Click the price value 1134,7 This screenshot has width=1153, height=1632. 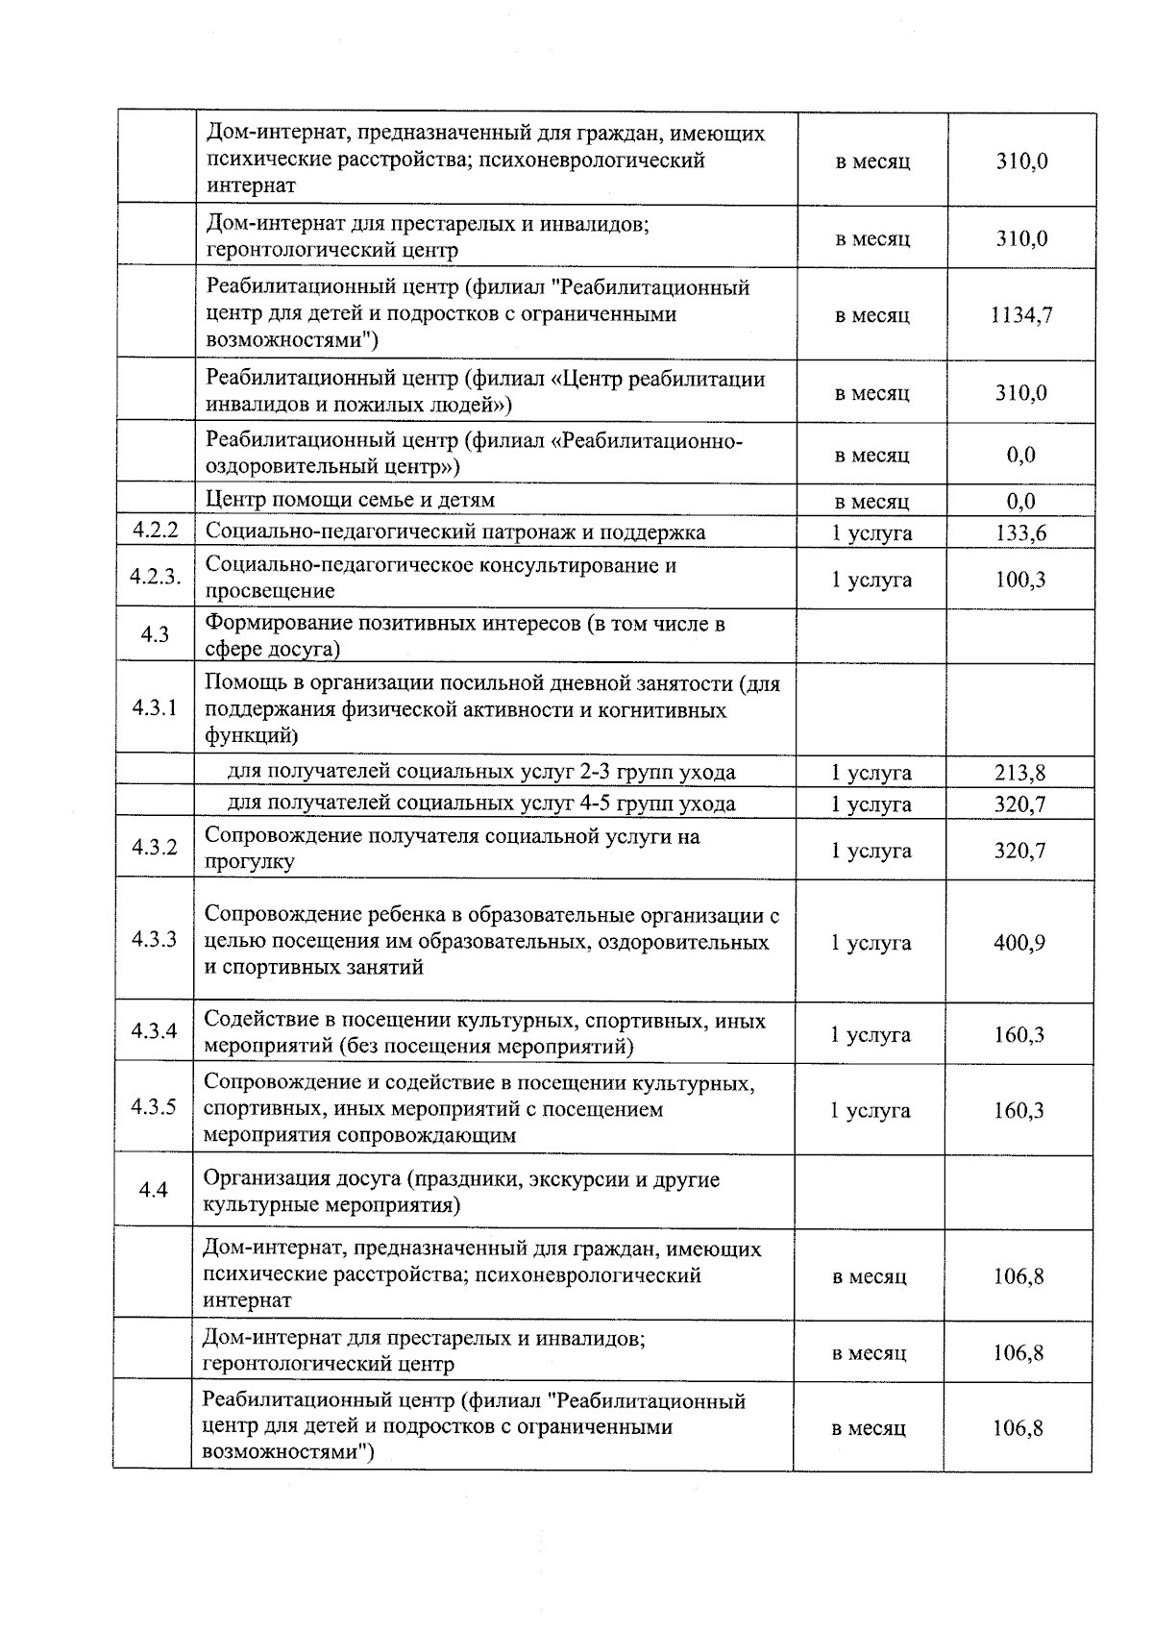[1020, 314]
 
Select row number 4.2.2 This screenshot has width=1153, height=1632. [156, 532]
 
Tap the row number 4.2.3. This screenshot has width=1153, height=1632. [156, 577]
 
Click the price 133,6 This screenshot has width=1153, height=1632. [1020, 532]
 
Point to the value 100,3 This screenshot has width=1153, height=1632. [1020, 579]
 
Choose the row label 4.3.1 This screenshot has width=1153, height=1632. [156, 708]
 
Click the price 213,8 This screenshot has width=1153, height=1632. [1019, 772]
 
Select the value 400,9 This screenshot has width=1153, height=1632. [1018, 943]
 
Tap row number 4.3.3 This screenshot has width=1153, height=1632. [155, 939]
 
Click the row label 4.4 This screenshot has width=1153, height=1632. [154, 1190]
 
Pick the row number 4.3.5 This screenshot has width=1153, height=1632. [154, 1106]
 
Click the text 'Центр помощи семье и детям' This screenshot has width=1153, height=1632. [350, 500]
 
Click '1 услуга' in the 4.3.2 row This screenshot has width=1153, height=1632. [871, 851]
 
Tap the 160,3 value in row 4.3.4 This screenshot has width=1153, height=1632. [1018, 1035]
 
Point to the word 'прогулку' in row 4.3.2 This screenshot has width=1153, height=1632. [249, 862]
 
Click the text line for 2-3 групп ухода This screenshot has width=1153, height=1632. [480, 772]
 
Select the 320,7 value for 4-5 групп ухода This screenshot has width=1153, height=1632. [1019, 804]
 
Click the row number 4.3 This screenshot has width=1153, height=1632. [155, 634]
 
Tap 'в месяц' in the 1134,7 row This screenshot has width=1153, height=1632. [871, 315]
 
